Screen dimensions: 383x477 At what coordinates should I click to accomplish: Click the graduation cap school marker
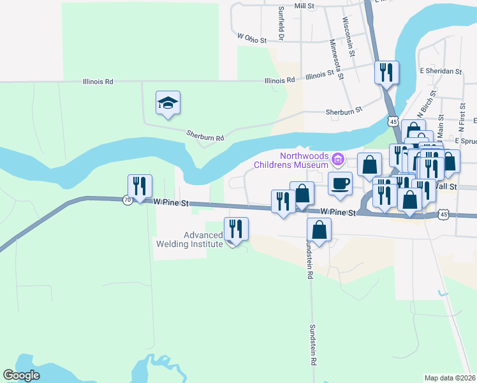168,103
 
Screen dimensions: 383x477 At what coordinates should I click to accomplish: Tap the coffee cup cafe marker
340,184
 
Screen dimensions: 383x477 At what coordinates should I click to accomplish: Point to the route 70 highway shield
128,200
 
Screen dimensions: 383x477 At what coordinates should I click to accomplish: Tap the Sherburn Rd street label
205,136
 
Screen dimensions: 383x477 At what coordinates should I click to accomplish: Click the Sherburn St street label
344,110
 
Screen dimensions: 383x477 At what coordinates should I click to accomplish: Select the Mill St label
305,6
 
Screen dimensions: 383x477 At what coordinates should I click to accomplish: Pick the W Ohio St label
251,39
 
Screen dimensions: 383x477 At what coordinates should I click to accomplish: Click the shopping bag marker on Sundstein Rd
319,231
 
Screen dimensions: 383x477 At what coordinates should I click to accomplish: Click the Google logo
21,375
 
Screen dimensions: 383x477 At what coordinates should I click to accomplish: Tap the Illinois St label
319,75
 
